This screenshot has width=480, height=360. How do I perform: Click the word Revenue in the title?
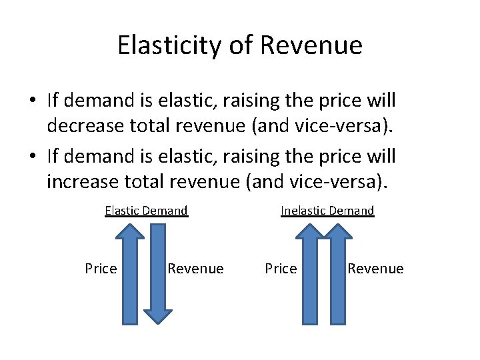311,45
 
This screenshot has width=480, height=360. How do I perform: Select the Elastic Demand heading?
146,211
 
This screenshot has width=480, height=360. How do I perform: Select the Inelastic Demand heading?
327,211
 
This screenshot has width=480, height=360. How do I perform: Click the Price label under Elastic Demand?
101,269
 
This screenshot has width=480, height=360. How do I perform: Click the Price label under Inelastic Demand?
281,269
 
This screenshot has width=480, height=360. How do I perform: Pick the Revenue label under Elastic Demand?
195,269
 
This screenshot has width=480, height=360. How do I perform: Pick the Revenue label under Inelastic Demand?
375,269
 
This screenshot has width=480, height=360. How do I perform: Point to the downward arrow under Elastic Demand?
158,273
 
